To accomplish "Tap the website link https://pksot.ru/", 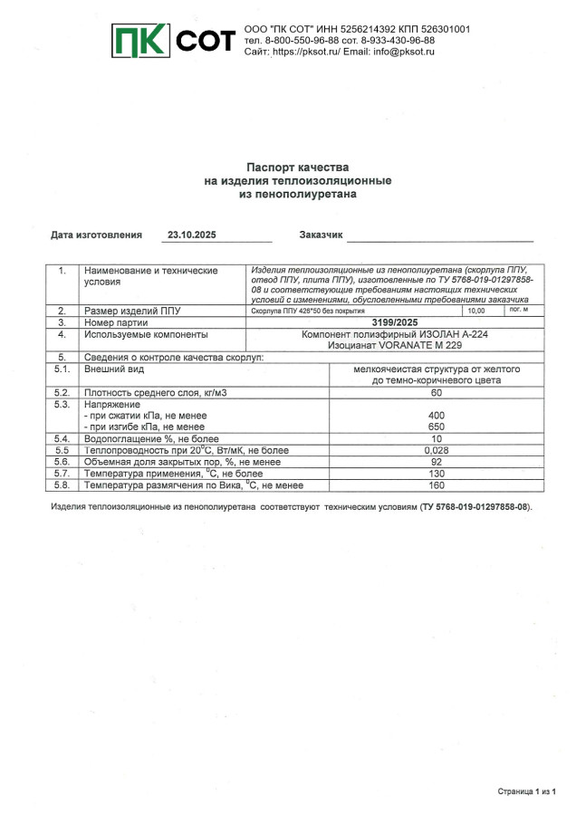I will (x=305, y=53).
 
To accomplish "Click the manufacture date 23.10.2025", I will (x=191, y=235).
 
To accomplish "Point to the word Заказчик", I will (x=321, y=235).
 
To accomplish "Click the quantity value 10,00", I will (x=475, y=311).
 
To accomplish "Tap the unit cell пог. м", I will (x=519, y=310).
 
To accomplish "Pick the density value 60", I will (x=437, y=392).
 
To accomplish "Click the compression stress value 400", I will (x=437, y=415).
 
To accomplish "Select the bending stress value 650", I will (x=437, y=426).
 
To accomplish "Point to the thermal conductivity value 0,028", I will (x=437, y=449).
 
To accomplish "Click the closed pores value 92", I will (x=437, y=461).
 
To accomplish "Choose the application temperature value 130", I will (x=437, y=473).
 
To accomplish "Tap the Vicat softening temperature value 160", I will (x=437, y=484).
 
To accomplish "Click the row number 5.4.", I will (x=62, y=438).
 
